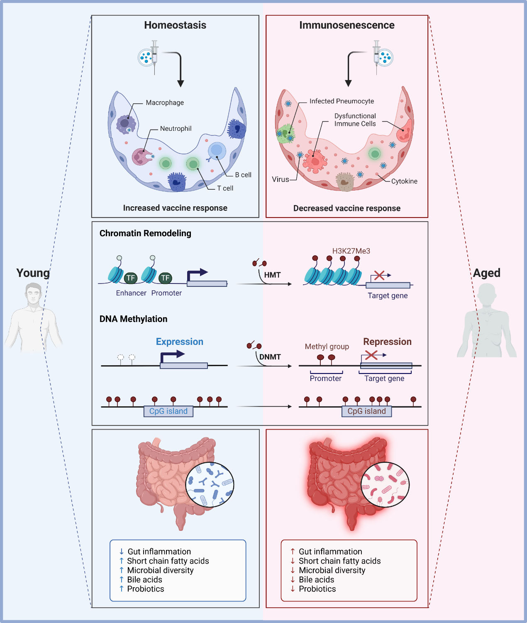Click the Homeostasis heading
175,25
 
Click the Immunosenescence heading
347,25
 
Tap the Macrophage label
165,103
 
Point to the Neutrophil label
176,129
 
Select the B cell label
243,175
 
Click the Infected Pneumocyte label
342,101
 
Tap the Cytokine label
404,181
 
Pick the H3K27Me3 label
351,251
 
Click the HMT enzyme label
272,275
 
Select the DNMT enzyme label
270,357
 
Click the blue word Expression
180,342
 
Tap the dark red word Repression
387,342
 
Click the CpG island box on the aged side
366,411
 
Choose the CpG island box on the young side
168,411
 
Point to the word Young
33,273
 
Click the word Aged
487,273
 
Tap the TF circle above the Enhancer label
131,278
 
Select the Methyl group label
327,347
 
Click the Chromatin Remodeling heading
145,233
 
